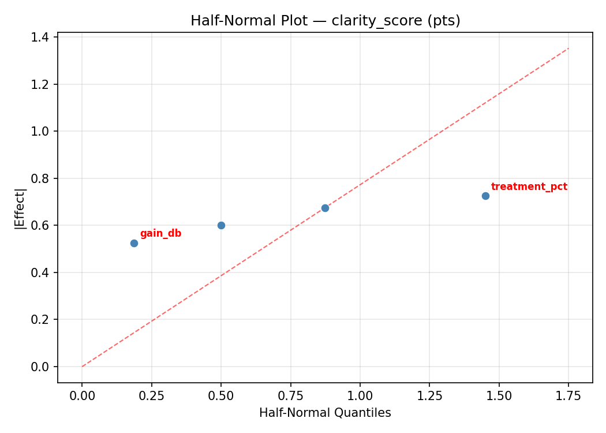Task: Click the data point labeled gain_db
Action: pos(134,243)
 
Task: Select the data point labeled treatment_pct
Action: pos(485,196)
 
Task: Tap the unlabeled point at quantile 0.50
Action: pos(221,225)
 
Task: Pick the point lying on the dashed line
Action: pos(325,208)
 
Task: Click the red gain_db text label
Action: pos(160,233)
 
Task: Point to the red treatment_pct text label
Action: pos(529,186)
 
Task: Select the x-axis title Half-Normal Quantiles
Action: pos(325,413)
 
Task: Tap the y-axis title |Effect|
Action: pos(20,208)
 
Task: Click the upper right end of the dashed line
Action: pos(568,48)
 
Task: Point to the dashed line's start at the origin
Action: pos(82,366)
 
